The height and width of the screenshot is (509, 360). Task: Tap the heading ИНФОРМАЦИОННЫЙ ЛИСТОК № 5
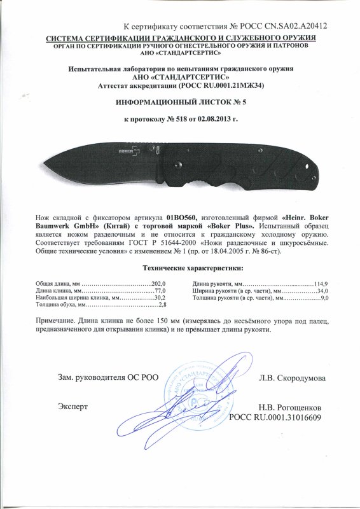click(x=180, y=101)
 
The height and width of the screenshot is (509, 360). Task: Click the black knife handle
click(x=261, y=164)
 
